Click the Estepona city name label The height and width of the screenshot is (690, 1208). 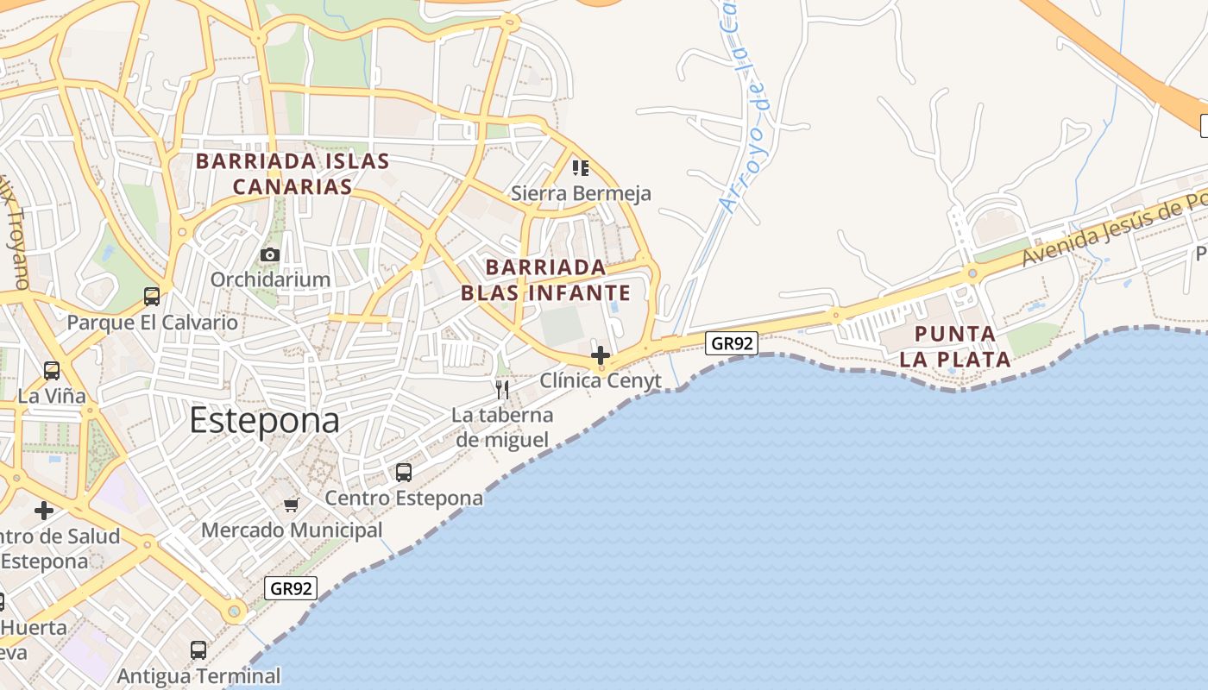click(264, 421)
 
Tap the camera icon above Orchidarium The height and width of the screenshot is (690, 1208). click(270, 255)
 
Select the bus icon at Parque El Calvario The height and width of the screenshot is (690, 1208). click(152, 297)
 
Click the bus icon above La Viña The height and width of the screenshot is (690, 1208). click(52, 371)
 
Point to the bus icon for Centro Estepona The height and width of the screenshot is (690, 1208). click(404, 473)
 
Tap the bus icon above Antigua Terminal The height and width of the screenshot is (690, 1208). click(198, 650)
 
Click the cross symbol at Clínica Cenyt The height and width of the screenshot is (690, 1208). click(601, 355)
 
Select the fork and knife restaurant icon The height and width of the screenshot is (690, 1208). click(502, 390)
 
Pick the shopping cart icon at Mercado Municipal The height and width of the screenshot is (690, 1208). click(292, 505)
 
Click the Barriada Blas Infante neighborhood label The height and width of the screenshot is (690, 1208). click(545, 279)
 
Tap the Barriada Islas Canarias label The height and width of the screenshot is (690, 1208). click(293, 173)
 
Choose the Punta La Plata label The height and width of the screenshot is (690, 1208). click(955, 347)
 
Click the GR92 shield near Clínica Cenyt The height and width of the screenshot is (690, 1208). click(732, 343)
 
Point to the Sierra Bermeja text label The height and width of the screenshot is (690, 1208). click(581, 193)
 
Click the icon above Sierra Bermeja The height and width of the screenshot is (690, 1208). click(581, 167)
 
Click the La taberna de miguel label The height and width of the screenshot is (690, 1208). click(502, 428)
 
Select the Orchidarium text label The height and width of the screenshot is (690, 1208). click(270, 279)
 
